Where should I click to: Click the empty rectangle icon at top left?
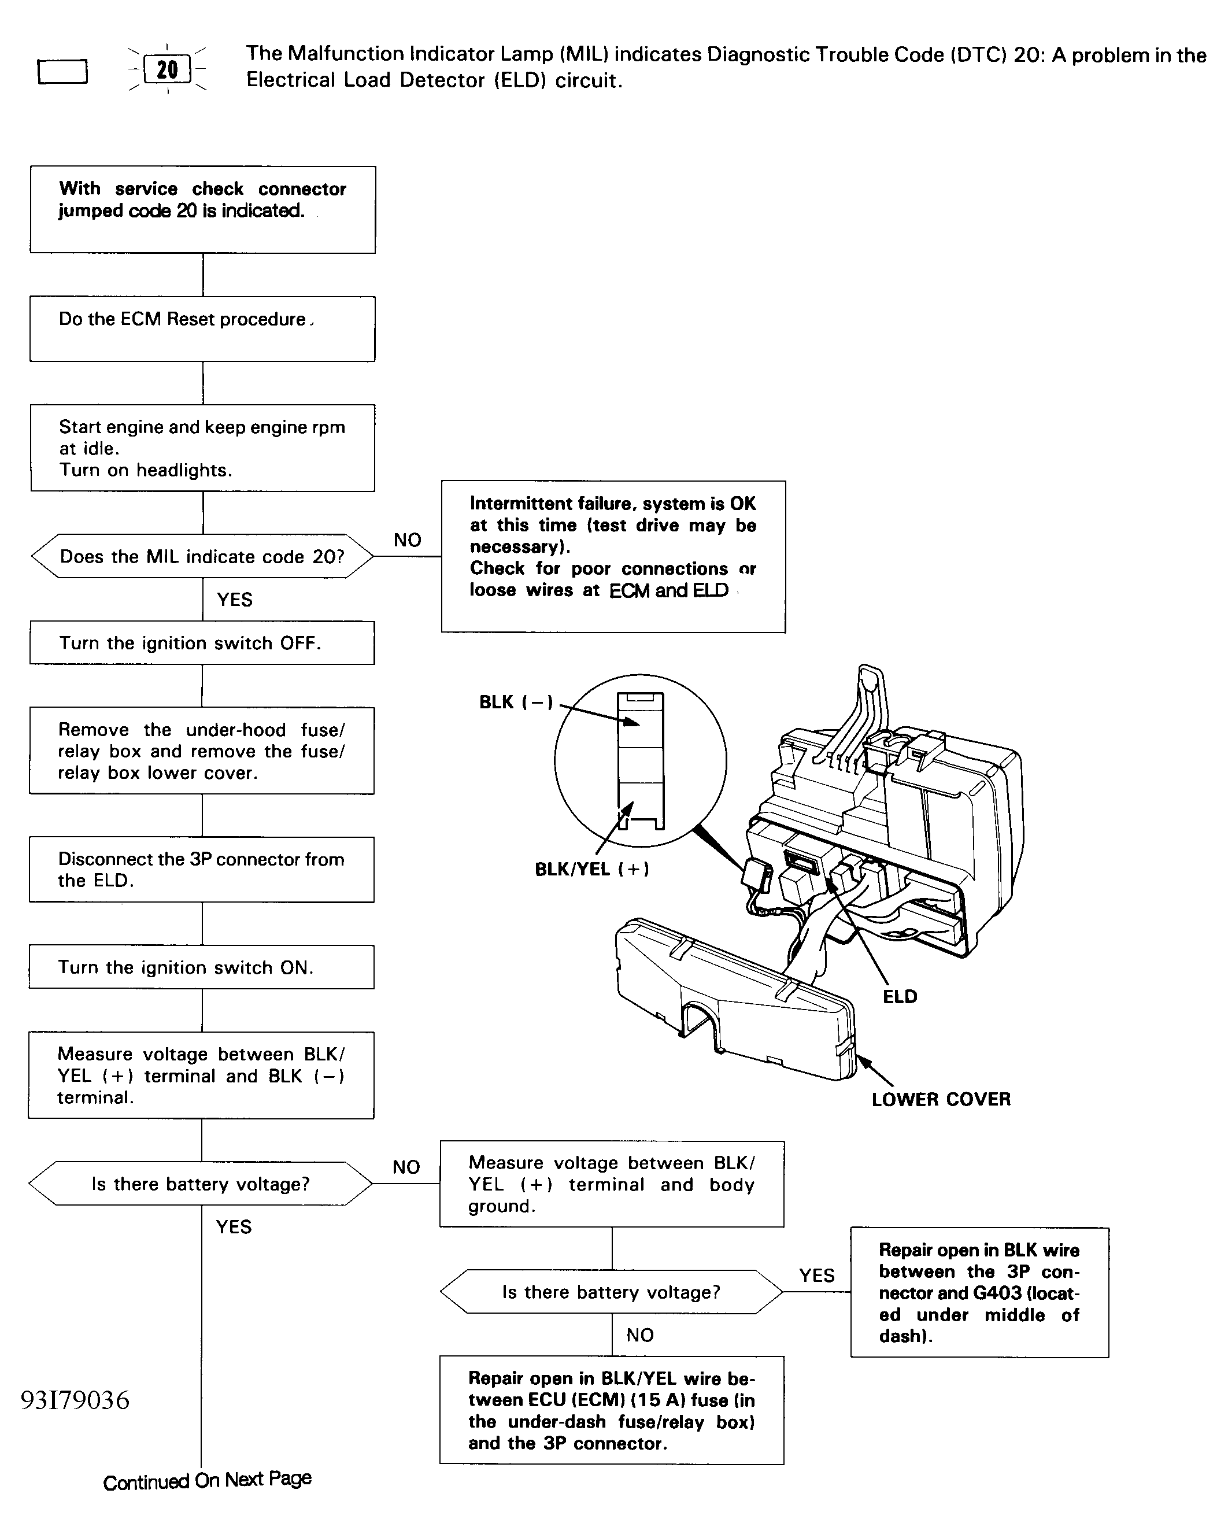click(x=62, y=72)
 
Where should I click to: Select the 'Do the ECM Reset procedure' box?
click(x=202, y=328)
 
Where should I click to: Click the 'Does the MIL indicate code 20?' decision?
click(x=202, y=556)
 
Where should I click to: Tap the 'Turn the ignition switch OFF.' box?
click(x=202, y=643)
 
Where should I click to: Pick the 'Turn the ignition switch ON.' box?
click(x=202, y=967)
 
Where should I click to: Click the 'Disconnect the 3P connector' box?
click(x=202, y=870)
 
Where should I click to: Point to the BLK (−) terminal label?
click(x=516, y=703)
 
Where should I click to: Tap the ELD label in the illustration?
click(x=900, y=997)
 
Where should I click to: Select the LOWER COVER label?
click(x=941, y=1099)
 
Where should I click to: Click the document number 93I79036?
click(x=75, y=1400)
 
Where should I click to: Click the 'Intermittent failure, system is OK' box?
click(x=613, y=556)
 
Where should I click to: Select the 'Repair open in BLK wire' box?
click(x=979, y=1292)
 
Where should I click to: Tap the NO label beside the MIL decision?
click(x=408, y=540)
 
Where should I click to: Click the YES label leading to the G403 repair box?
click(x=817, y=1275)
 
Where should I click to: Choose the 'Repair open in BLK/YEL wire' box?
click(x=612, y=1410)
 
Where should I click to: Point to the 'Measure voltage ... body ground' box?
click(x=612, y=1184)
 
